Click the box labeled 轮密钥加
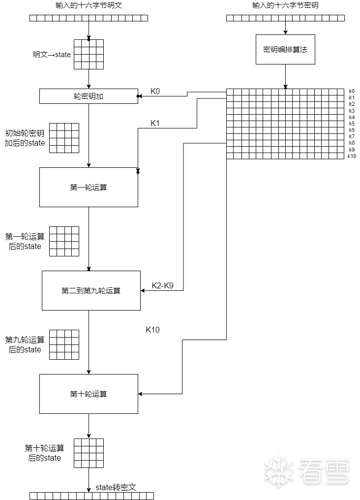[89, 96]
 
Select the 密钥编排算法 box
[285, 50]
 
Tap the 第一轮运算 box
[89, 187]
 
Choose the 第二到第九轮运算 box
[91, 290]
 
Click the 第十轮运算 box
[89, 394]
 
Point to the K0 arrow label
[155, 91]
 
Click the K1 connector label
[155, 123]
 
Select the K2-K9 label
[162, 285]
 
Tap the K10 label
[152, 330]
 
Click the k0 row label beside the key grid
[352, 91]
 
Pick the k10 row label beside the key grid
[352, 156]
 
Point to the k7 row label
[352, 136]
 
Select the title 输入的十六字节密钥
[285, 5]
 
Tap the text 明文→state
[52, 55]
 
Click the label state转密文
[116, 487]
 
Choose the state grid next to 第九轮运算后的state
[64, 344]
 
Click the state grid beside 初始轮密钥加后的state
[64, 138]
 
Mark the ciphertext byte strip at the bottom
[91, 496]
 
